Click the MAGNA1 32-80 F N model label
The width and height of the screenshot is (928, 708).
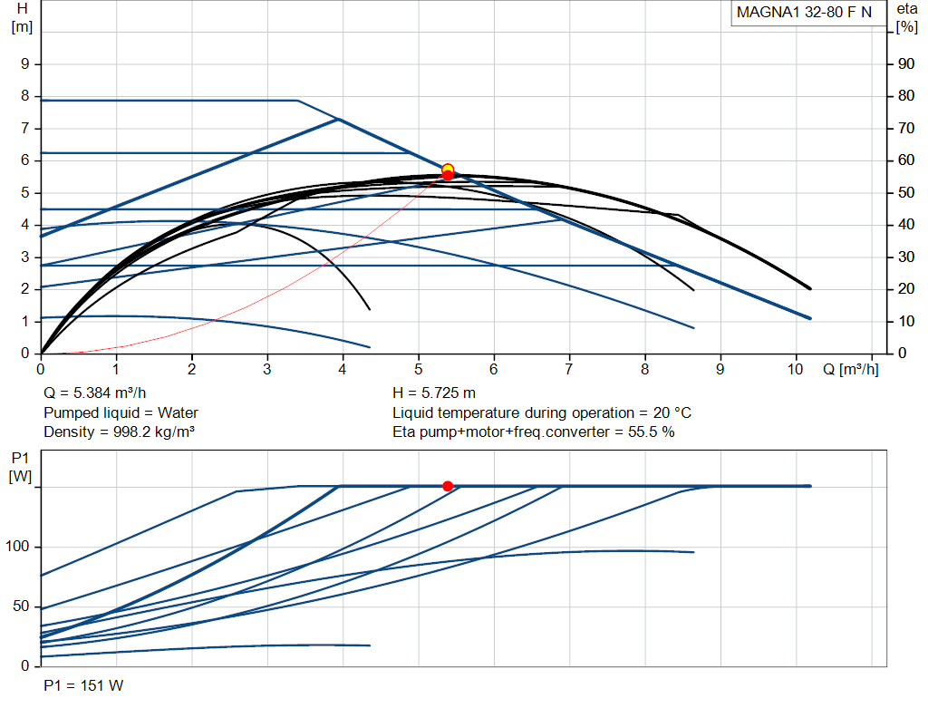(804, 13)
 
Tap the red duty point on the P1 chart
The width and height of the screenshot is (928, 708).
(448, 486)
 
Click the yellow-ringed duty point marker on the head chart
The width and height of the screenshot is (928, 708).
(448, 170)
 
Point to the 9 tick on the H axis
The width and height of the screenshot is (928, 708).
(24, 64)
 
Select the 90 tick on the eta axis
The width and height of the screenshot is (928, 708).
(906, 64)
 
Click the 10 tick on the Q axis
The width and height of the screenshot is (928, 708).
(795, 369)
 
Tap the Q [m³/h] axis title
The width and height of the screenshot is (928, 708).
(850, 369)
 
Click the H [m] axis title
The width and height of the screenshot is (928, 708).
(22, 18)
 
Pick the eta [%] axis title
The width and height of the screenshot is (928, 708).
(906, 18)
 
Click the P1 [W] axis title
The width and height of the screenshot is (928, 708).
(20, 467)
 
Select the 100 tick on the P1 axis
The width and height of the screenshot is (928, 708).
(17, 547)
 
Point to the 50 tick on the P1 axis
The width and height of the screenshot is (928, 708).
(21, 606)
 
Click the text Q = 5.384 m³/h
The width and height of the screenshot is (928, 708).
(94, 393)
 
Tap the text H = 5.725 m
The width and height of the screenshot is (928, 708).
(434, 393)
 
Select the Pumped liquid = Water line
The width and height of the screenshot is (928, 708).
(121, 412)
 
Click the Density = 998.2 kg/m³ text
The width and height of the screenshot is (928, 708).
(119, 432)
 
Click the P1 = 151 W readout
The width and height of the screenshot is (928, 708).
(83, 685)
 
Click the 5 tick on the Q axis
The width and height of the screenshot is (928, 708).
(419, 369)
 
